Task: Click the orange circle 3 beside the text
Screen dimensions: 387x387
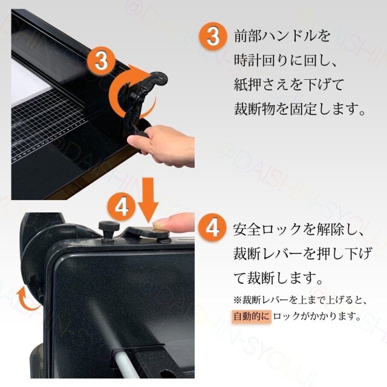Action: coord(213,36)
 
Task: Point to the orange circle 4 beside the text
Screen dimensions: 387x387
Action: coord(213,229)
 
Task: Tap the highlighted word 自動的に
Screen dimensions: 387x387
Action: coord(252,316)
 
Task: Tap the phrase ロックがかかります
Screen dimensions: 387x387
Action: coord(317,316)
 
